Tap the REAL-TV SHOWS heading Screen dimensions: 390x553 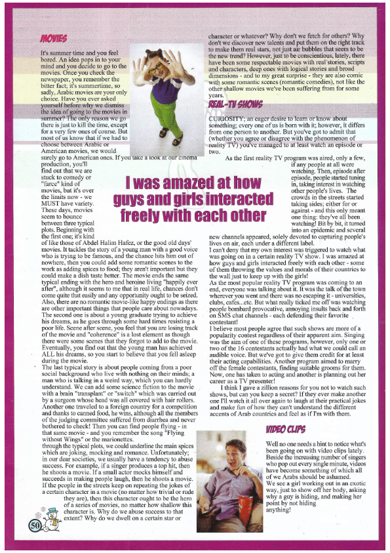pos(237,104)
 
